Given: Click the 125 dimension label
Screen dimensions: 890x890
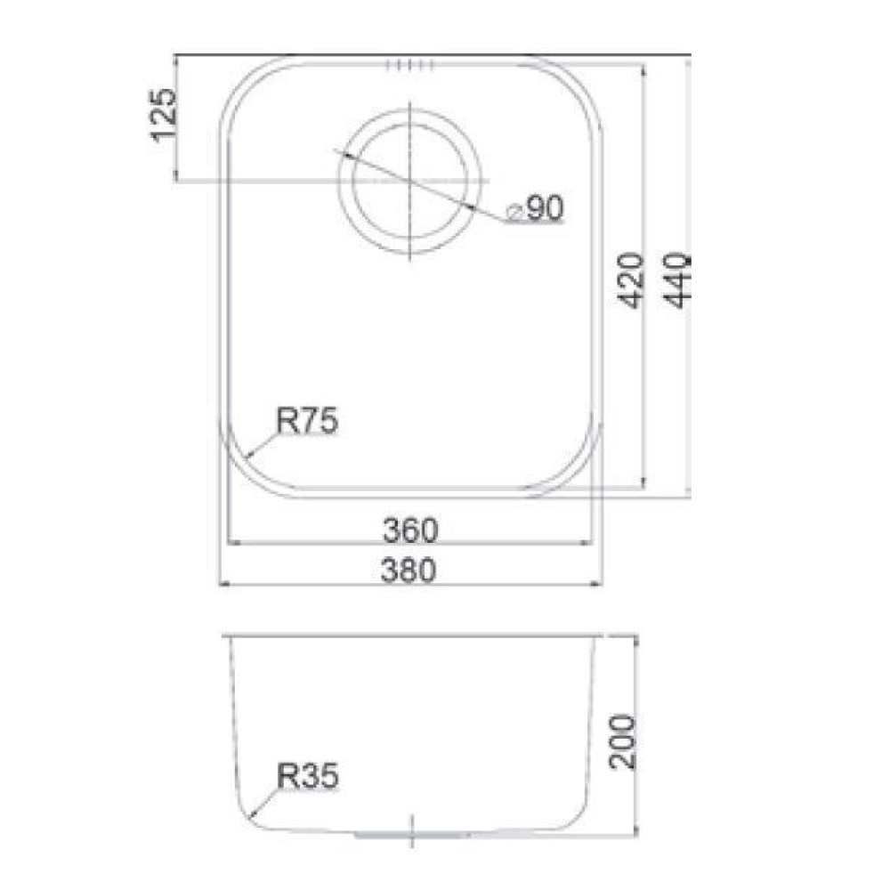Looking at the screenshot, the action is click(x=164, y=115).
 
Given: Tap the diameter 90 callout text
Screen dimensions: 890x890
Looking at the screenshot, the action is click(x=536, y=208).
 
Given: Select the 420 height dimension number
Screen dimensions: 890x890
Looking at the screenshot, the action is click(x=631, y=281).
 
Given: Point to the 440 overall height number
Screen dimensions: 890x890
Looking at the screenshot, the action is click(x=677, y=281).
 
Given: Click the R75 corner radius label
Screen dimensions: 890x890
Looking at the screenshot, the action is click(x=307, y=421).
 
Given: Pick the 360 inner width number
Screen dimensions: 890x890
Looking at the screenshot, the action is click(x=410, y=530).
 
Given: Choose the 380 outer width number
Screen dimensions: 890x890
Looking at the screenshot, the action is click(x=409, y=570).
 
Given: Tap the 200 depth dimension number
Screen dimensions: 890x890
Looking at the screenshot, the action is click(x=622, y=742).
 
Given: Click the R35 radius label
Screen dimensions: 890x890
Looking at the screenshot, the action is click(x=308, y=775).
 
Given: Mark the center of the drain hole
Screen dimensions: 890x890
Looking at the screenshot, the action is click(x=410, y=181).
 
